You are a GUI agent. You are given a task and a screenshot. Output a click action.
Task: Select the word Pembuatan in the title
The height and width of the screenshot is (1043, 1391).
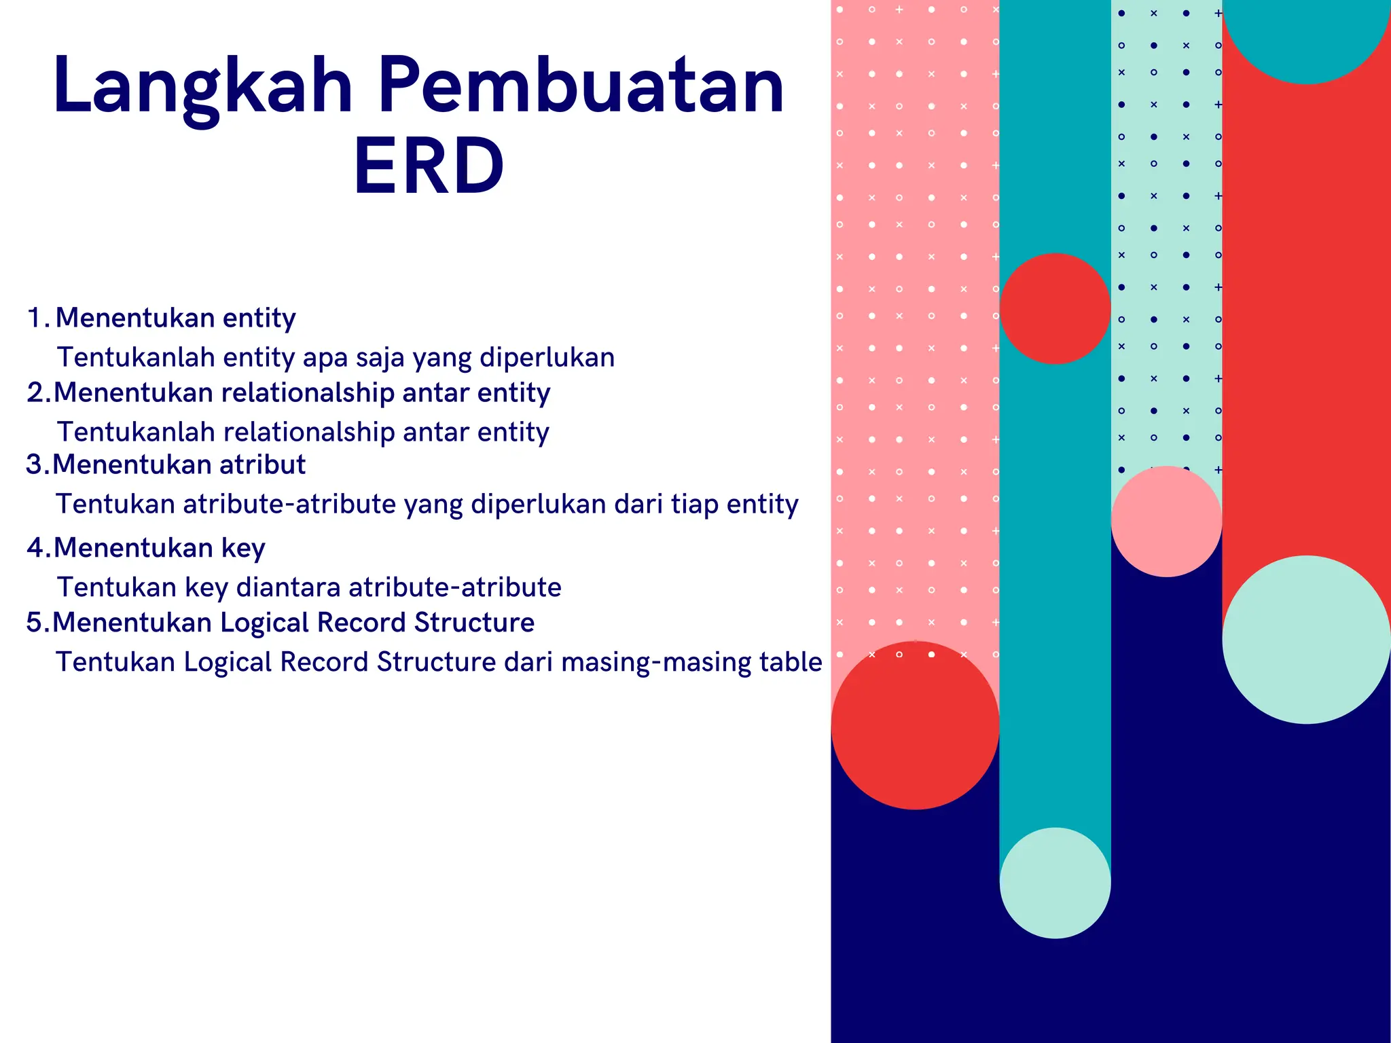581,86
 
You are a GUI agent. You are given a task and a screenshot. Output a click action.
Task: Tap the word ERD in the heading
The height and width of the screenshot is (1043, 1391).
429,166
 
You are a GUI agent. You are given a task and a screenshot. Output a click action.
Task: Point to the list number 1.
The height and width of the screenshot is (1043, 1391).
35,318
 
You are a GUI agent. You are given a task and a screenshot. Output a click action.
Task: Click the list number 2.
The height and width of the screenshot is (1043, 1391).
35,392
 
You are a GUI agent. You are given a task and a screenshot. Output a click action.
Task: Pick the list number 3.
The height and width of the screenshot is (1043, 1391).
35,464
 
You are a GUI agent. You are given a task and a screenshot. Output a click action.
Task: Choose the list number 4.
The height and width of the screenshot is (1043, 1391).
35,547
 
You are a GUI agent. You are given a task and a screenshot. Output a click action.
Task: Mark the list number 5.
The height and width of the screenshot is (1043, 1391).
35,622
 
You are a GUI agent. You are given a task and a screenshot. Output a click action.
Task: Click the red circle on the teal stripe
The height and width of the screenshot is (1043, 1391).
1055,309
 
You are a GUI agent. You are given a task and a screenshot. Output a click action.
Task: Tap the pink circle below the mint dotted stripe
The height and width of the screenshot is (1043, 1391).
1166,521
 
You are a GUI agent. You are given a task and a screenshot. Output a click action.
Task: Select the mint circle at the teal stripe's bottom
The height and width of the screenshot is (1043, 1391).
1055,883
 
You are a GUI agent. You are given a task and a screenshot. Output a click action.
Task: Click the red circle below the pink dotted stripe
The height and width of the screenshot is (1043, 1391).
915,725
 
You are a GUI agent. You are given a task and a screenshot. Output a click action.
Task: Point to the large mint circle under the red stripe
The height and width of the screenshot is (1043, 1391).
1305,640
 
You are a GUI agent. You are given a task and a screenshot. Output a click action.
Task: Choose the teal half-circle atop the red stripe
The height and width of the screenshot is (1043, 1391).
1305,37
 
